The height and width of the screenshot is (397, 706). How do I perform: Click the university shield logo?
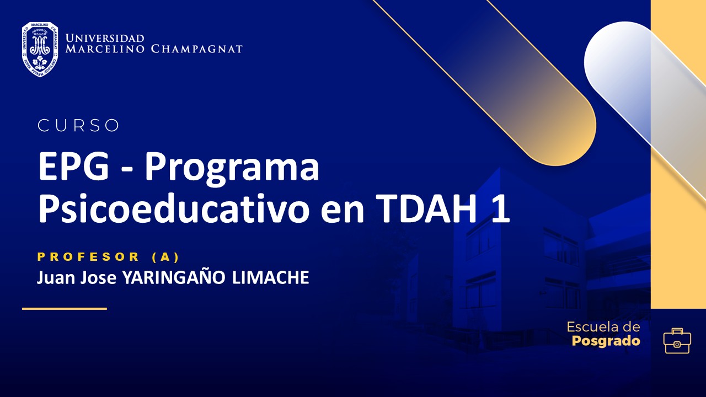point(40,49)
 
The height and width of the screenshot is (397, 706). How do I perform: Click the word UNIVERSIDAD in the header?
point(105,38)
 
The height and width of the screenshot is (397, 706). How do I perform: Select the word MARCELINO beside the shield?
point(105,49)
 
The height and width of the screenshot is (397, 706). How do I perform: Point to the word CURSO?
point(78,126)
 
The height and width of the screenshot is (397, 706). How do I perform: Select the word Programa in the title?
point(232,169)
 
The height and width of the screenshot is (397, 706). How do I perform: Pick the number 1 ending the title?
point(500,210)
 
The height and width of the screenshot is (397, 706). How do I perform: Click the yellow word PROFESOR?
point(89,256)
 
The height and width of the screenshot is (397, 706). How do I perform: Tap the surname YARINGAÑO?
point(173,278)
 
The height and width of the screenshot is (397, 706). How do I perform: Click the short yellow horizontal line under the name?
point(64,309)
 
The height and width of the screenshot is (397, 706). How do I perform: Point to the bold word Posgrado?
point(606,341)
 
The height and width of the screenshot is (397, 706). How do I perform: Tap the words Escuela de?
point(603,327)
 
